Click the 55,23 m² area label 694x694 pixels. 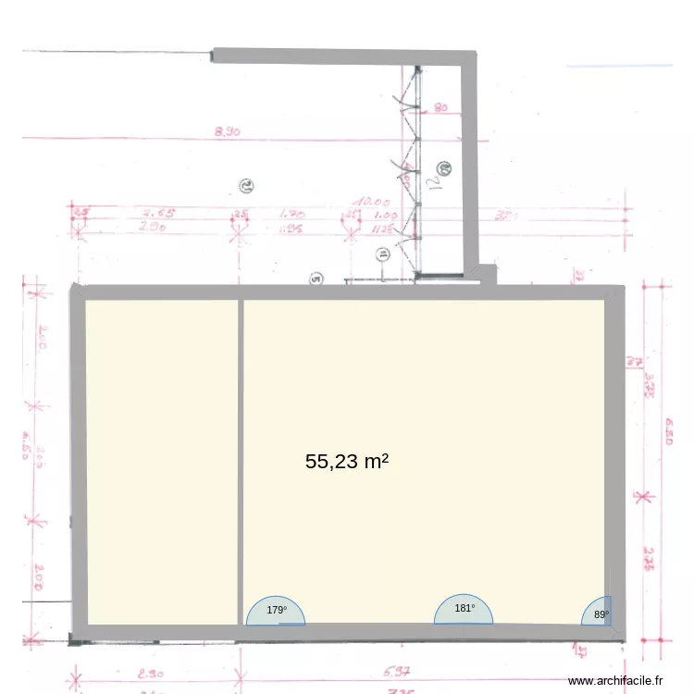click(x=346, y=462)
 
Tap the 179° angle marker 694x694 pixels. click(x=277, y=610)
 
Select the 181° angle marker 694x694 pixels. click(x=465, y=608)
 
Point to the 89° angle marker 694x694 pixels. click(x=601, y=613)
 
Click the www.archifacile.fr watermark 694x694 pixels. click(x=615, y=680)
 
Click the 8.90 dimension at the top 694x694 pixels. click(x=227, y=132)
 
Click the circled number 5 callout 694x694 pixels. click(x=316, y=277)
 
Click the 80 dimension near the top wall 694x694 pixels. click(x=440, y=108)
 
